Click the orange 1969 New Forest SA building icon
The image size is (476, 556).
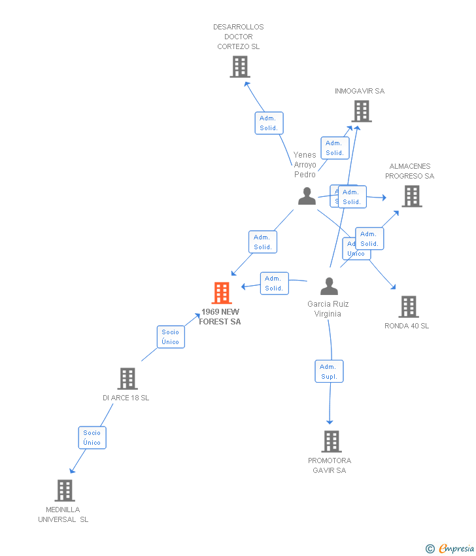tap(222, 293)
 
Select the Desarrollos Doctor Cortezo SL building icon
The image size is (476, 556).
tap(240, 67)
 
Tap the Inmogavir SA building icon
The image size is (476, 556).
tap(362, 111)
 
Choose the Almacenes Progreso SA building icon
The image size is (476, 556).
tap(411, 196)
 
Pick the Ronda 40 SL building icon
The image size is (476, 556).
tap(408, 306)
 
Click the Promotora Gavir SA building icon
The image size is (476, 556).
tap(331, 442)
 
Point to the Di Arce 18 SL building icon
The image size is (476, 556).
tap(127, 379)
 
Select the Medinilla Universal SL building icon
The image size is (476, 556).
tap(64, 490)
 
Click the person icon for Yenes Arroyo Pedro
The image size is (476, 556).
tap(307, 196)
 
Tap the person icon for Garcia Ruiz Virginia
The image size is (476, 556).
tap(329, 287)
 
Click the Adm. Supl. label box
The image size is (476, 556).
tap(329, 372)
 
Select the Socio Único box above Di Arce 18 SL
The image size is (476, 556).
tap(171, 337)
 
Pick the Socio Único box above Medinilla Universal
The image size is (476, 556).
tap(92, 438)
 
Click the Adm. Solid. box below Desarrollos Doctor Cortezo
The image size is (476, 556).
tap(269, 123)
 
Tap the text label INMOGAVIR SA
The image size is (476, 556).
tap(360, 91)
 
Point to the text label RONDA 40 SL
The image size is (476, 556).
tap(407, 326)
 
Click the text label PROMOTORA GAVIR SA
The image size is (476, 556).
tap(330, 465)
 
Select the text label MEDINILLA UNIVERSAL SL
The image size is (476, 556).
tap(63, 514)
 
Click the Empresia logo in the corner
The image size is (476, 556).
tap(450, 548)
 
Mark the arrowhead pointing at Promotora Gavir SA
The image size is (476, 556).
tap(330, 422)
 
